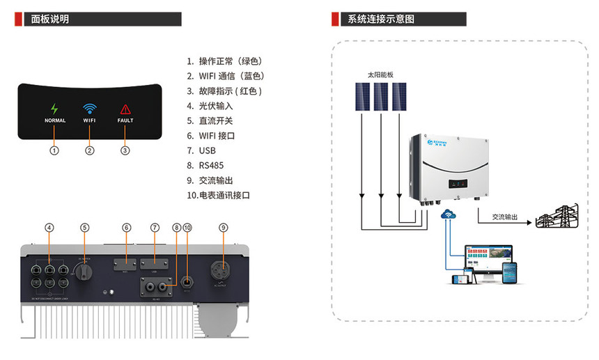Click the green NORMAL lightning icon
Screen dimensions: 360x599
[55, 109]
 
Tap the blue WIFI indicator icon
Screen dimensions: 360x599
[90, 109]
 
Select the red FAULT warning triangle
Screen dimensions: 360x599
[125, 109]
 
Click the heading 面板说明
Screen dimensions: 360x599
[50, 19]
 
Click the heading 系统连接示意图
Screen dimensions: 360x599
[380, 19]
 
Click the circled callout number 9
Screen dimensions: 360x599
[224, 228]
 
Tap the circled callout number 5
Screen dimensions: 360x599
[85, 228]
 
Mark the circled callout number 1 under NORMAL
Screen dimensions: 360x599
[55, 150]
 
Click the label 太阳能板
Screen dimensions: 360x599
[380, 75]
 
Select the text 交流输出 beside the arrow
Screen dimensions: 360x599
[505, 217]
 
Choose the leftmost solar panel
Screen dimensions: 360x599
[361, 96]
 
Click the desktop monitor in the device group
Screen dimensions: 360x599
[488, 259]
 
